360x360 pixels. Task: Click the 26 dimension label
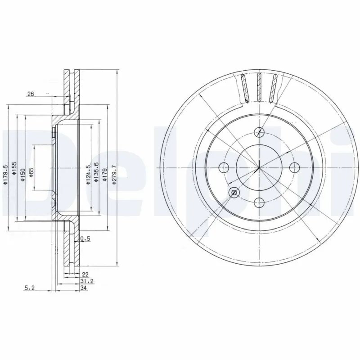tap(31, 94)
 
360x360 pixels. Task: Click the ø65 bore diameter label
tap(31, 172)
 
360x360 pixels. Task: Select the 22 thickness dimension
tap(85, 274)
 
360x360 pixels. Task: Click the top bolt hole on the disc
tap(259, 132)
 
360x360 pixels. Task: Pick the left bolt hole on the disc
tap(224, 167)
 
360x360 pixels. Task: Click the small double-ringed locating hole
tap(234, 193)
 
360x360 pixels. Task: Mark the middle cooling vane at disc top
tap(259, 86)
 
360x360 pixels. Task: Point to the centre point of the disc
tap(259, 167)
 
